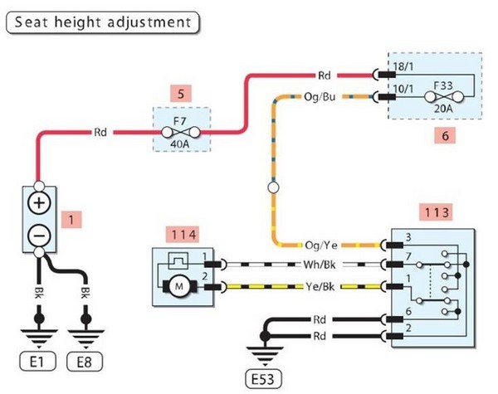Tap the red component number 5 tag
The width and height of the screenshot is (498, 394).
tap(180, 93)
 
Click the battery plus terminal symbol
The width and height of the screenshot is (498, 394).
tap(39, 203)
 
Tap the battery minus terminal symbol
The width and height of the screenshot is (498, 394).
tap(39, 235)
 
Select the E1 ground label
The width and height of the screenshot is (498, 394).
tap(38, 362)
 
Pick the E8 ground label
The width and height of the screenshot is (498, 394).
tap(85, 362)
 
